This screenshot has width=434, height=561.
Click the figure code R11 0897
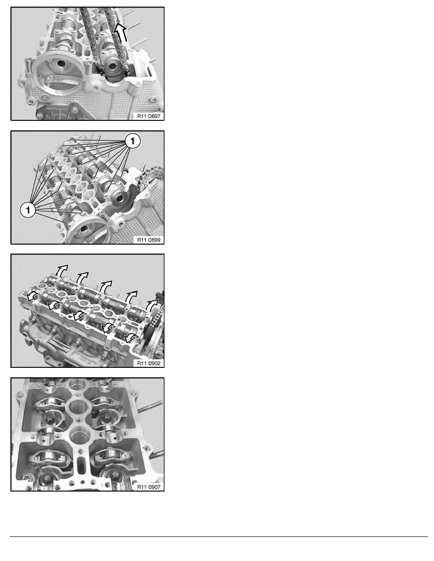pos(148,116)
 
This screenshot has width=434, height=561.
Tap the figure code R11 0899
pos(148,240)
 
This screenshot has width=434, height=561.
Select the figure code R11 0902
pos(148,363)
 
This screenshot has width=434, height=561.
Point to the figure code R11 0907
pos(148,487)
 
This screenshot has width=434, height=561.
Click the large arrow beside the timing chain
pos(121,33)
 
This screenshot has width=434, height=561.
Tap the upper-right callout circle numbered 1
pos(133,141)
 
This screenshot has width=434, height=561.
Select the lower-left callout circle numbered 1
pos(28,210)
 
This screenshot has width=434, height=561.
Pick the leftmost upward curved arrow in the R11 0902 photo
pos(61,271)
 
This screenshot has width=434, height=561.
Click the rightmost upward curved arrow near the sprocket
pos(152,305)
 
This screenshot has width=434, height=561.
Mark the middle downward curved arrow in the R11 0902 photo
pos(79,315)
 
